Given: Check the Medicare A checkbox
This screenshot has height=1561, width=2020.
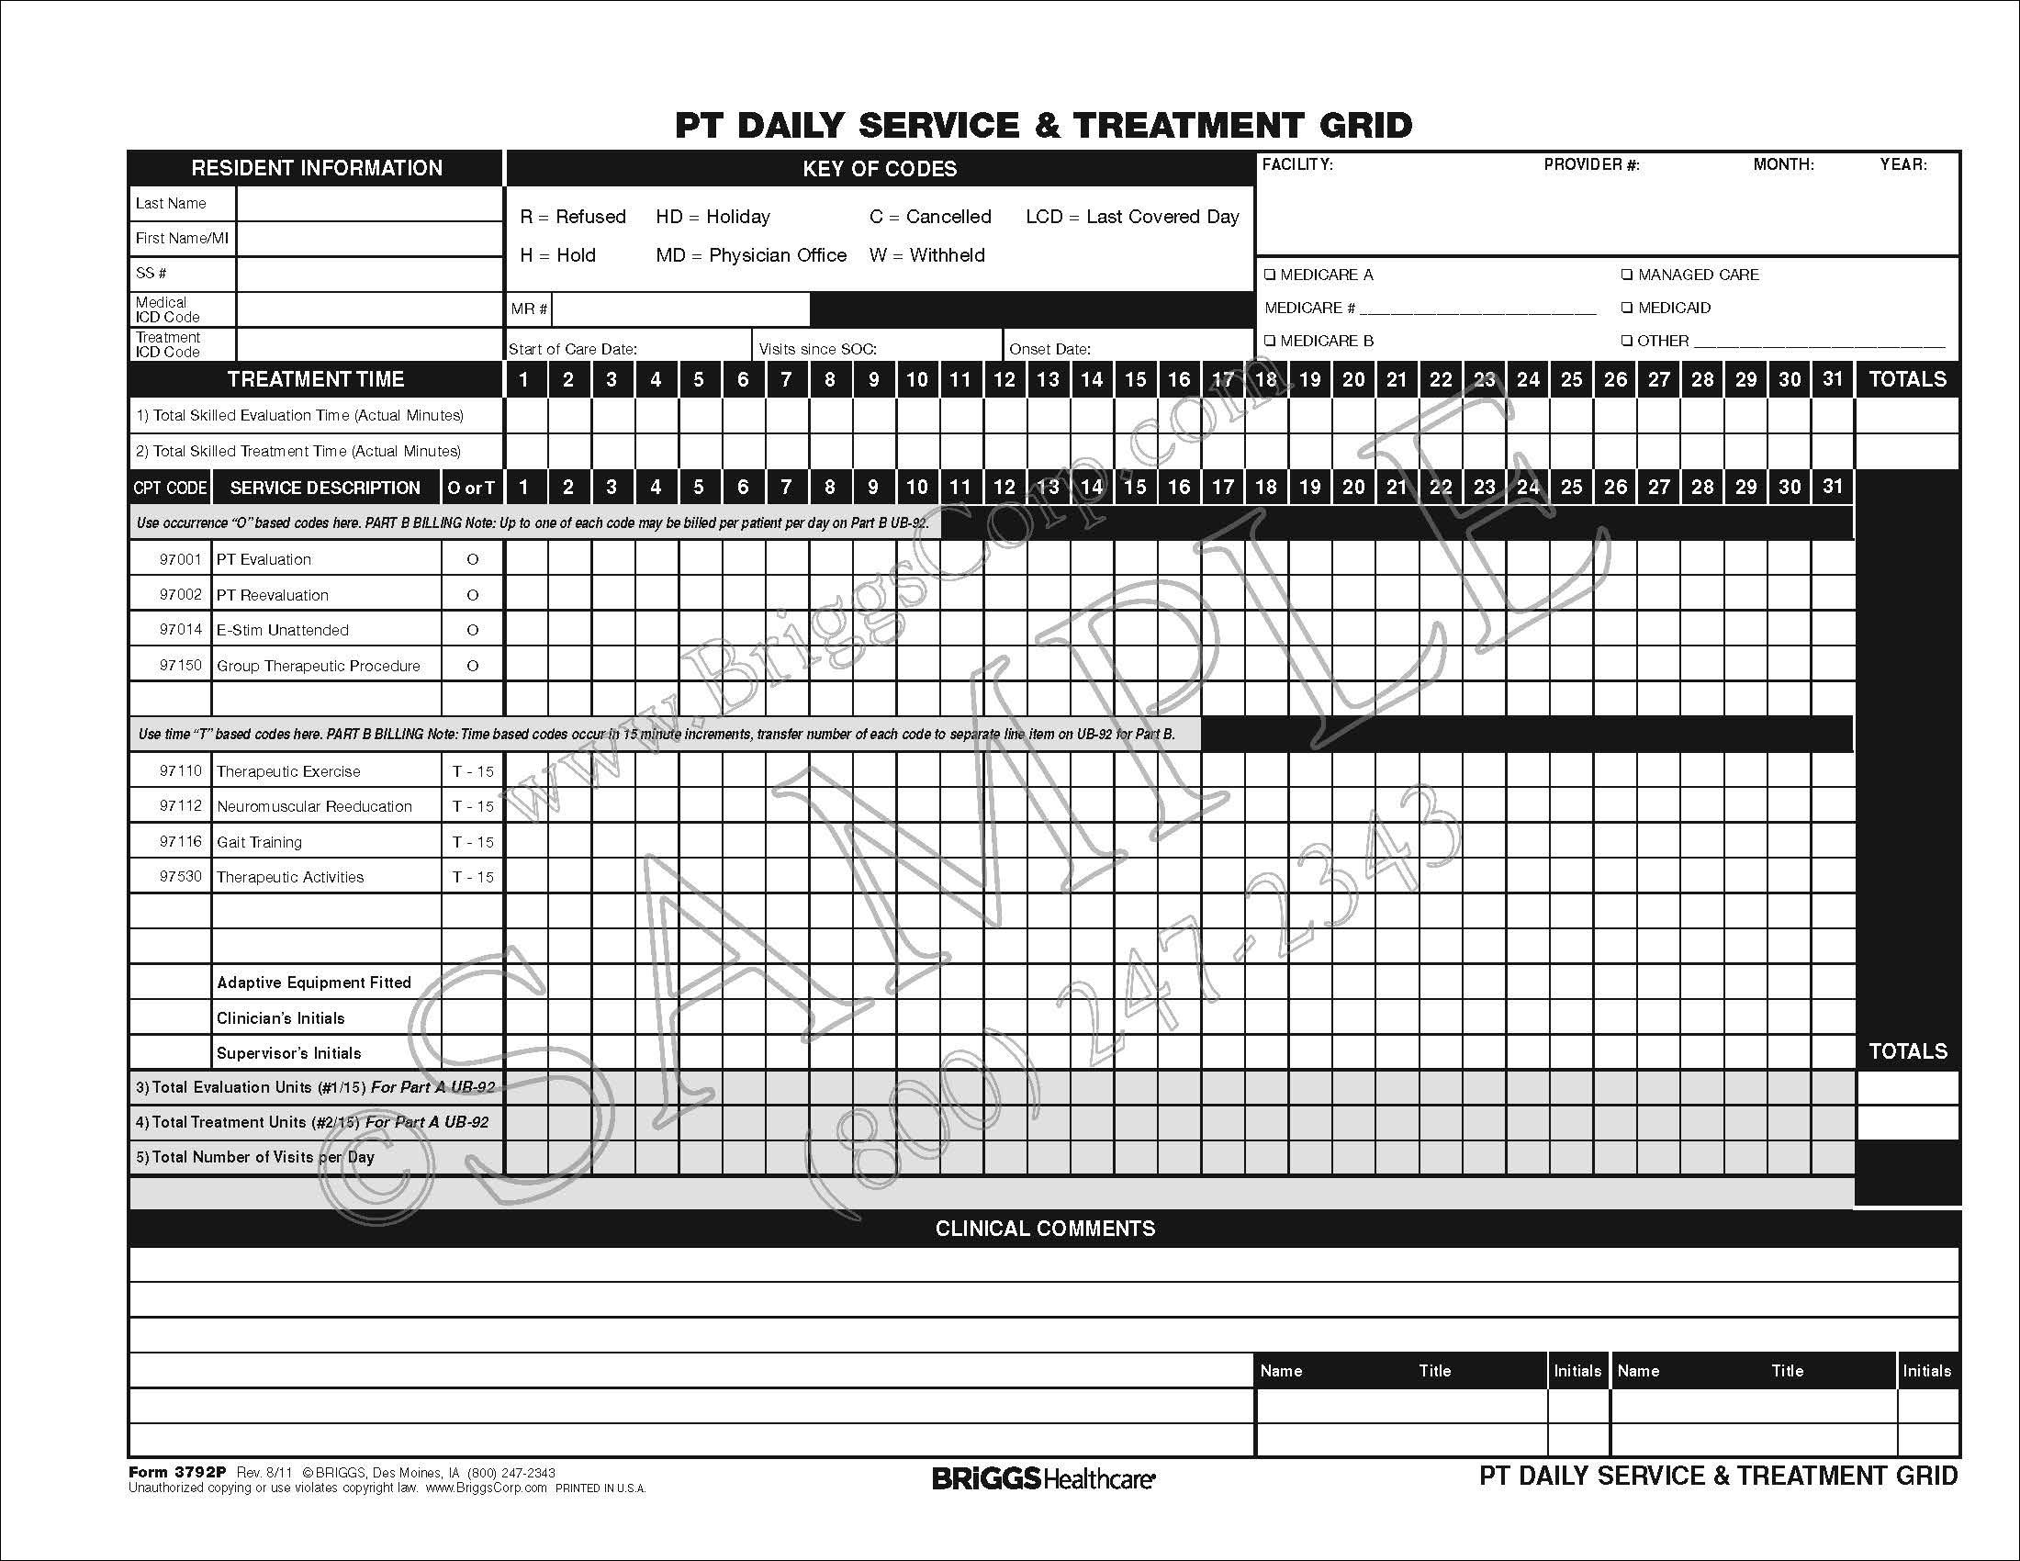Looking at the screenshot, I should (x=1270, y=275).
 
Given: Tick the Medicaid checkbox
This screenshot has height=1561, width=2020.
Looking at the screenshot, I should (x=1627, y=308).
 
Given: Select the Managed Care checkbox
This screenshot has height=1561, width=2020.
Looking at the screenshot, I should (x=1627, y=275).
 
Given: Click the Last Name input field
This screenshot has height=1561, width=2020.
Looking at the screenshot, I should (x=369, y=204).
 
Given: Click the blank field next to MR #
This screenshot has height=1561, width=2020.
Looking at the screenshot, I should (x=680, y=309).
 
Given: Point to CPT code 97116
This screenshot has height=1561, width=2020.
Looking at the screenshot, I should (x=180, y=841).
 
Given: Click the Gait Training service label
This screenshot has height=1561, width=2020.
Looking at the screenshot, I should (x=259, y=842).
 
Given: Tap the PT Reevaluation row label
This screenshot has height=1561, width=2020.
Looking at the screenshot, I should (x=272, y=596).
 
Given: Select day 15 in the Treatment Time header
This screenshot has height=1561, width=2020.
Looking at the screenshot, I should (x=1135, y=379).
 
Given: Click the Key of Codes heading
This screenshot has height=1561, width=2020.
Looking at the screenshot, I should (x=880, y=169).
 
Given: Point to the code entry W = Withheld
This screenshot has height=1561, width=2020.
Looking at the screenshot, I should (x=926, y=255).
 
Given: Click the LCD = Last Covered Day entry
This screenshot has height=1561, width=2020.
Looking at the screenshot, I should (x=1132, y=218).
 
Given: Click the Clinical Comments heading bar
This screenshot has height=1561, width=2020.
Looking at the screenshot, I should (x=1044, y=1229).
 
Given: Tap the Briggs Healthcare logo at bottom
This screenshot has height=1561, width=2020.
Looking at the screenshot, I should (x=1043, y=1478).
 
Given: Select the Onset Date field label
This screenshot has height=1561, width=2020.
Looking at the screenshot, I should (x=1049, y=350).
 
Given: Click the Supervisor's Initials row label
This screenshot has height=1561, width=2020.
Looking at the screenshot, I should (x=288, y=1053).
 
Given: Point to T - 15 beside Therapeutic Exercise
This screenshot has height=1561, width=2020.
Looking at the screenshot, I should (x=473, y=771).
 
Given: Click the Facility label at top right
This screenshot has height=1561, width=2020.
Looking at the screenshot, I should (x=1296, y=164).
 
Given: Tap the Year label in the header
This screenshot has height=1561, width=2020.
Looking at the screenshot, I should (x=1903, y=164).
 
